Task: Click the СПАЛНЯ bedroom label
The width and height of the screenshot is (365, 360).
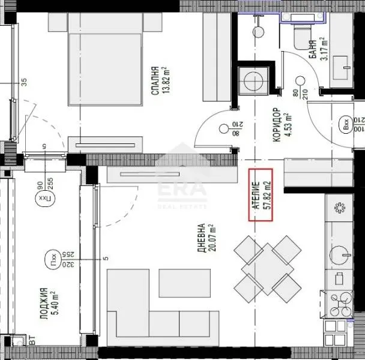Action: tap(159, 80)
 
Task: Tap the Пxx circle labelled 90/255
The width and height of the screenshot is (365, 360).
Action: tap(43, 197)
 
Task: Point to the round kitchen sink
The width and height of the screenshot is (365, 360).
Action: tap(340, 254)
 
